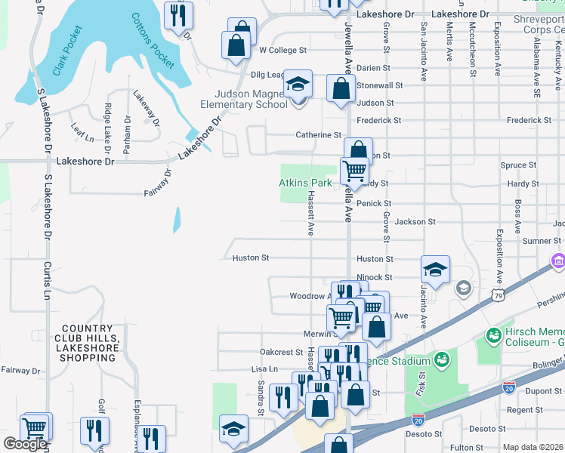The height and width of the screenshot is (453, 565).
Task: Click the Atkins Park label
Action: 305,183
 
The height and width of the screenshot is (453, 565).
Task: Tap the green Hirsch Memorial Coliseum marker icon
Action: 494,334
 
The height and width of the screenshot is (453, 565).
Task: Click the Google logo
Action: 25,444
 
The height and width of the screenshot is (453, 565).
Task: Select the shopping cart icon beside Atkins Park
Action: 354,171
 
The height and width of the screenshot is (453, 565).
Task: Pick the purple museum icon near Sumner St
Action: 557,261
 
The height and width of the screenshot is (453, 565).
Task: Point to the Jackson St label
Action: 415,222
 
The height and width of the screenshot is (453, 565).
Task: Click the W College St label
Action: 282,51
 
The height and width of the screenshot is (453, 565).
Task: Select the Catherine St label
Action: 318,135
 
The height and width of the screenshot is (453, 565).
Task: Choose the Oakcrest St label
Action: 281,352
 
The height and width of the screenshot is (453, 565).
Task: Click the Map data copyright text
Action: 533,447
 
